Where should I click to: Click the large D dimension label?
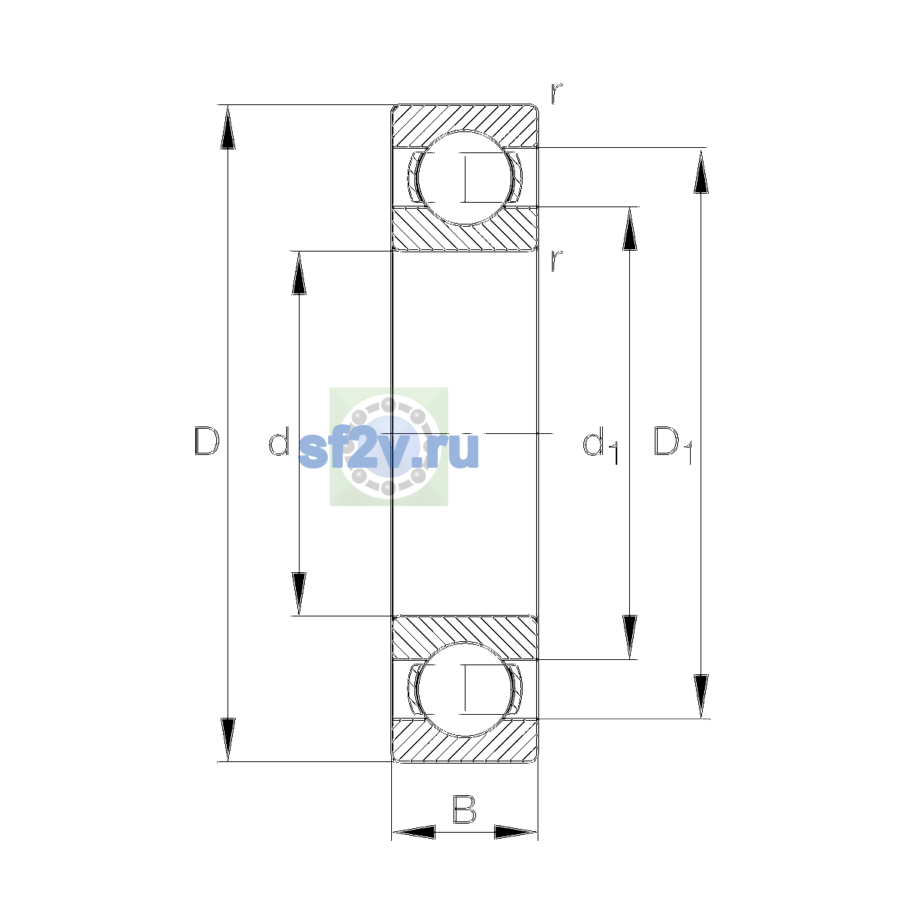coord(206,441)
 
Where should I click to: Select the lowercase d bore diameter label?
coord(279,441)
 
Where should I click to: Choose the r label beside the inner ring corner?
coord(556,261)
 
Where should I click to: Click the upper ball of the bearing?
coord(465,178)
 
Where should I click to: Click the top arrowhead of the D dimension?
coord(228,127)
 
